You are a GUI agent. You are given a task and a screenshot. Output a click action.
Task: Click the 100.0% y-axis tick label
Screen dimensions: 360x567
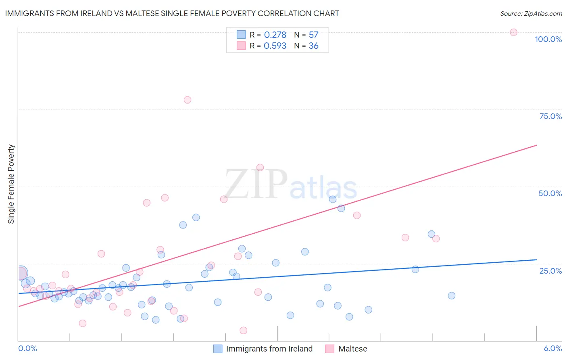pos(548,39)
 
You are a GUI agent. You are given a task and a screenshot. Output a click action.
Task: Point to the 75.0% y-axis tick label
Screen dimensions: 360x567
pos(550,116)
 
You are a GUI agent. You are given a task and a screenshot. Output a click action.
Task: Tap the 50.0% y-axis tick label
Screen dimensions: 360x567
pos(550,193)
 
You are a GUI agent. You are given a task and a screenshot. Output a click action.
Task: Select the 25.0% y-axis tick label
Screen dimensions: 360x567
pos(550,271)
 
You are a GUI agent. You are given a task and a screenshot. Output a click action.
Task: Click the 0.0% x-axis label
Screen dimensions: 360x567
pos(27,348)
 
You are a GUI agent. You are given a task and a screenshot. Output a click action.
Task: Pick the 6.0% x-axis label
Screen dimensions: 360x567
pos(552,348)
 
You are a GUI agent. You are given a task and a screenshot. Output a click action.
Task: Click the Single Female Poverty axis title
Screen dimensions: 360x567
pos(11,184)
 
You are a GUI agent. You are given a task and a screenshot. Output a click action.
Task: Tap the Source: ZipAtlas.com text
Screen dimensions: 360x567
pos(531,13)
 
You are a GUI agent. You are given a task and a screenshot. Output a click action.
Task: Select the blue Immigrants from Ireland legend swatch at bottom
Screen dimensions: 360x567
pos(218,349)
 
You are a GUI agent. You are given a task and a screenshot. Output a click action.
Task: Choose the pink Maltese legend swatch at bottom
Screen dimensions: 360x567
pos(330,349)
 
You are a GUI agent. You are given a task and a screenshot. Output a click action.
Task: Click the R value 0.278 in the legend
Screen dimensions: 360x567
pos(275,35)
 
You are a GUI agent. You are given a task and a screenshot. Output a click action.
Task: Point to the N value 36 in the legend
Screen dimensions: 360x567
pos(313,46)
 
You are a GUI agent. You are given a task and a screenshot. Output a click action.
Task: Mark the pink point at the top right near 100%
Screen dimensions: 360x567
pos(513,32)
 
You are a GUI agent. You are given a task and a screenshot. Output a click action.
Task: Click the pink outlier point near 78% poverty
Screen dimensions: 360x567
pos(187,100)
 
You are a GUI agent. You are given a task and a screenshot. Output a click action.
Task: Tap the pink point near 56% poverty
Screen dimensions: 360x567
pos(260,167)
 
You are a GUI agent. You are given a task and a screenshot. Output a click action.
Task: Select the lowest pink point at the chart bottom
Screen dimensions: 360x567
pos(243,331)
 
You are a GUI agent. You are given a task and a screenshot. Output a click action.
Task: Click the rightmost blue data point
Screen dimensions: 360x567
pos(452,295)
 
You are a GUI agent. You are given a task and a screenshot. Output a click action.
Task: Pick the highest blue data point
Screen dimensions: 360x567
pos(333,199)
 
